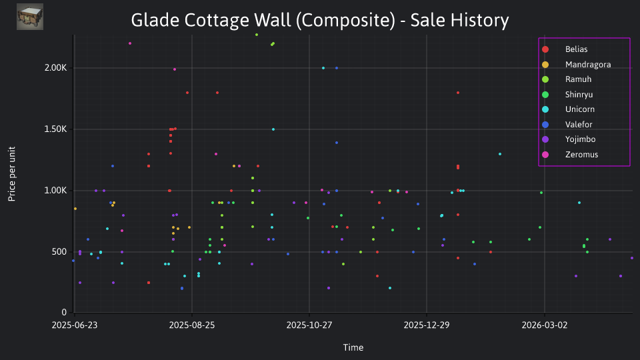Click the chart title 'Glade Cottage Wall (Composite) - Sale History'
pos(320,21)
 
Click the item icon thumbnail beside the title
pos(30,17)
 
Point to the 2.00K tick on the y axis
pos(55,68)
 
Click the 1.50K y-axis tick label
pos(55,129)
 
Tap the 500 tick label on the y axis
pos(59,251)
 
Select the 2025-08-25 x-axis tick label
pos(192,325)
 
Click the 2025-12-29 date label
pos(427,325)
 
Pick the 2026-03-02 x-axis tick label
pos(545,325)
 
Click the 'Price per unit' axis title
pos(12,174)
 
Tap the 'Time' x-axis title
pos(353,347)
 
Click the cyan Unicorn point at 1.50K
pos(273,129)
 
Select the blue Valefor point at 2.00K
pos(337,68)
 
